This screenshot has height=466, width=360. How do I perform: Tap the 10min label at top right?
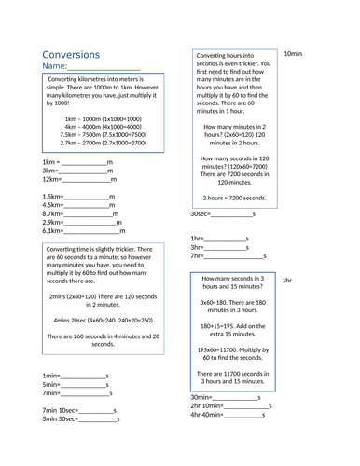click(293, 54)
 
